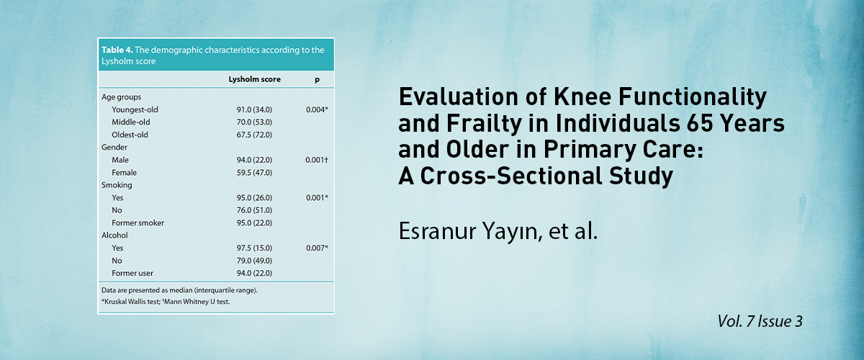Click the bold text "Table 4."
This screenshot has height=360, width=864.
117,50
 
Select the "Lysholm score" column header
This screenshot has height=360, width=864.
255,79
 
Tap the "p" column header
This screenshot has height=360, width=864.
317,80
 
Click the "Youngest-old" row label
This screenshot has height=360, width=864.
135,109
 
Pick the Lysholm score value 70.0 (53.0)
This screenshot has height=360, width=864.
254,122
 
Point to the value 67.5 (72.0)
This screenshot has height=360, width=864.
254,135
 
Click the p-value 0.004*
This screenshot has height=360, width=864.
317,109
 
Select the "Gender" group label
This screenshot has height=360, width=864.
114,147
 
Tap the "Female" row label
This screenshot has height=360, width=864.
124,173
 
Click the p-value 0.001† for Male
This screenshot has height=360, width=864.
317,160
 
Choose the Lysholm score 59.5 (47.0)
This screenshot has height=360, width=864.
254,173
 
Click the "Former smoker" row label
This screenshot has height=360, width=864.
138,222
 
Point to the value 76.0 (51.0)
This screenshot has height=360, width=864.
254,210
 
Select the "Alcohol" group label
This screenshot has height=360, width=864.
114,235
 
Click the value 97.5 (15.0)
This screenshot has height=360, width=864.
254,248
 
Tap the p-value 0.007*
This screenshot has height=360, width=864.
317,248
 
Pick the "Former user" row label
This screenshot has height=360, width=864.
132,273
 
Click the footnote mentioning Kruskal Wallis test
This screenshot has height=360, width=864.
166,302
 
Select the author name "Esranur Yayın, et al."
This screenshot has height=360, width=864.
498,232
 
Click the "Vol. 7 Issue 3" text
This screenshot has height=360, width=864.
760,321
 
